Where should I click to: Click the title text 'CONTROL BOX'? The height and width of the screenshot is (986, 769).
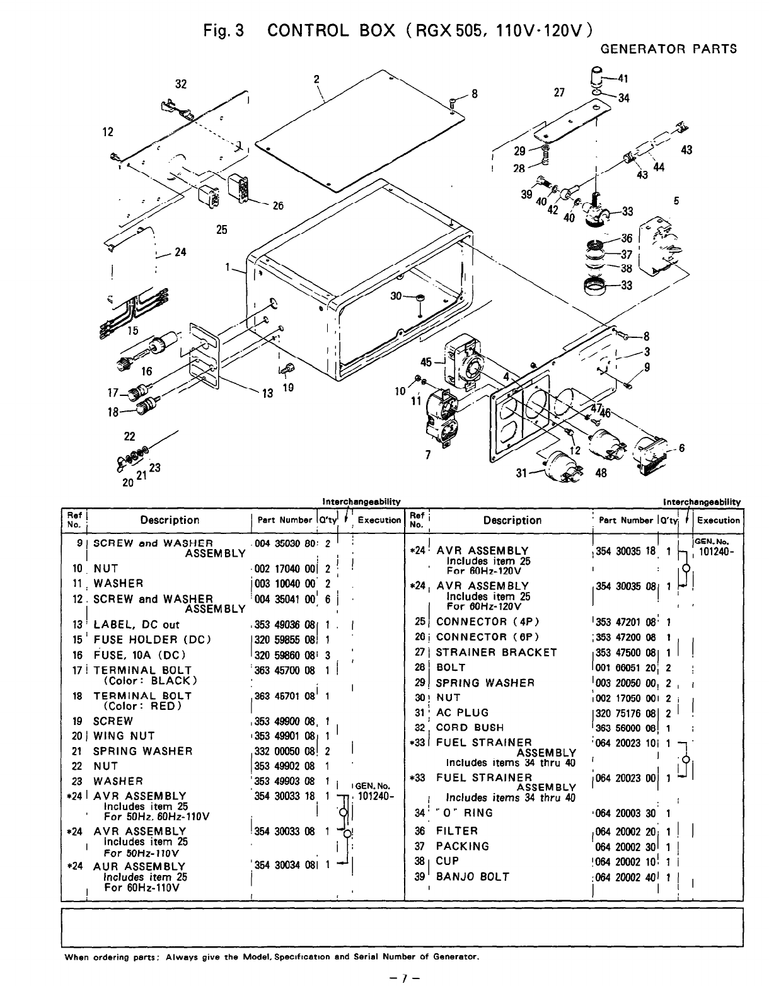pos(331,31)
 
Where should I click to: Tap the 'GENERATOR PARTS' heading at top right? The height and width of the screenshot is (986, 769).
pos(668,49)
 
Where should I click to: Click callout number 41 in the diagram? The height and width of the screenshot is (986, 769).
pos(623,79)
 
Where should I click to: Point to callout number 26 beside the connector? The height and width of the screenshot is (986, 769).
pos(277,206)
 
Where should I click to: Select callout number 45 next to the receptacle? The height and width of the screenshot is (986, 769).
pos(426,362)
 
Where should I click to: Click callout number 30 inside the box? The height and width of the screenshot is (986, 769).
pos(396,296)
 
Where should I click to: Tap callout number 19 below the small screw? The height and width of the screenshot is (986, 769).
pos(288,388)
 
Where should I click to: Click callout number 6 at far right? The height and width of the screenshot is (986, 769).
pos(681,448)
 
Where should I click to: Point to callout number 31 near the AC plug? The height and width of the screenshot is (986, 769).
pos(521,473)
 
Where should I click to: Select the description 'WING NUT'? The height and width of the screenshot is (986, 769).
pos(124,736)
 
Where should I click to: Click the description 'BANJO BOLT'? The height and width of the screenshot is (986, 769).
pos(472,877)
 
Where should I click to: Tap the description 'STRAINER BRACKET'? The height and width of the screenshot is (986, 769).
pos(496,652)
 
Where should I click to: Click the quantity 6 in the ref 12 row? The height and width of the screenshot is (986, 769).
pos(328,600)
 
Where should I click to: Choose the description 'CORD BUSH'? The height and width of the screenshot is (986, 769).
pos(470,728)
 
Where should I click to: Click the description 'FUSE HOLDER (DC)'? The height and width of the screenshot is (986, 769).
pos(152,640)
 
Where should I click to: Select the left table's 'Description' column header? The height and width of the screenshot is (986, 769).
pos(170,520)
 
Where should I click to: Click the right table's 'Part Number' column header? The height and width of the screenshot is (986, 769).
pos(626,521)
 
